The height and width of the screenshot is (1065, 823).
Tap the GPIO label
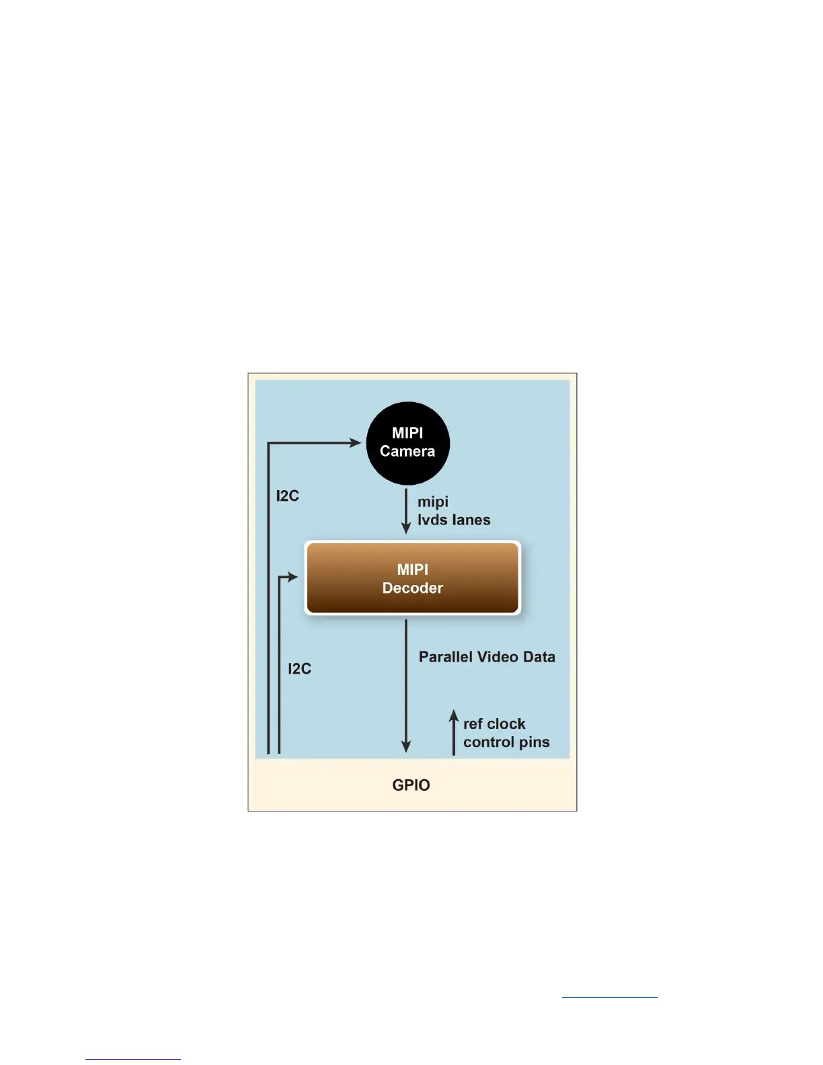click(411, 785)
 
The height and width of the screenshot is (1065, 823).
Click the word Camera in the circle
click(407, 451)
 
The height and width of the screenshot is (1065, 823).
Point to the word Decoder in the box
click(412, 588)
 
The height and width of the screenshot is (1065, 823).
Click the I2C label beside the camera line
click(287, 496)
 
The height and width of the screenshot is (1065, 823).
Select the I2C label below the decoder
click(299, 668)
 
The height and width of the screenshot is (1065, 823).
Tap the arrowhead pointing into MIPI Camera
click(356, 442)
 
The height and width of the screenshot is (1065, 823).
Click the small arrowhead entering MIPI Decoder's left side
click(292, 577)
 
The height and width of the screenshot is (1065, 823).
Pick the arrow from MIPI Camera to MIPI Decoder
click(405, 511)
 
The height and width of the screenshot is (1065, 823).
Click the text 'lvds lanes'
click(454, 520)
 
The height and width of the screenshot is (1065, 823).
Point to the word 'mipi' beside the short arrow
click(433, 502)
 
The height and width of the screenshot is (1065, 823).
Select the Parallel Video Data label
click(487, 657)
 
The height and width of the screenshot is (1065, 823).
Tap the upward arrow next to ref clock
click(454, 732)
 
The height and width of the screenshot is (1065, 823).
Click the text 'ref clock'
click(494, 723)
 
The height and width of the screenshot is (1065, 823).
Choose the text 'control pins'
click(506, 742)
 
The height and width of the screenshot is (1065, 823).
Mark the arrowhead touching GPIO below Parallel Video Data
click(405, 747)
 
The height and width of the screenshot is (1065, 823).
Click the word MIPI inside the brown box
click(412, 569)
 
